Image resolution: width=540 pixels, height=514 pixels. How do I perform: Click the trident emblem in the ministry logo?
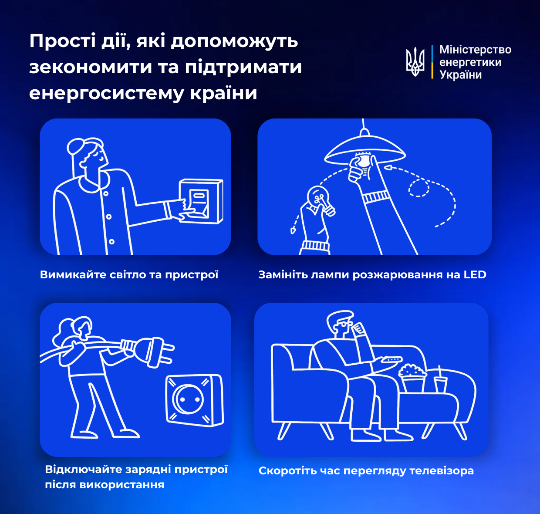(415, 61)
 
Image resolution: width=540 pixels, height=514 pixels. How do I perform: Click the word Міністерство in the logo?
(475, 50)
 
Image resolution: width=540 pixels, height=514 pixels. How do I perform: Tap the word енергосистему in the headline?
(107, 93)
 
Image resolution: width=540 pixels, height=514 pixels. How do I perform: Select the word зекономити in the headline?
(91, 68)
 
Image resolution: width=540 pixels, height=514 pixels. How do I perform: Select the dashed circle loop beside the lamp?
(418, 188)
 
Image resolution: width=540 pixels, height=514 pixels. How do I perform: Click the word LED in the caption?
(475, 275)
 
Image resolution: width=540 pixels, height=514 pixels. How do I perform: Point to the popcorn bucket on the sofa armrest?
(412, 378)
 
